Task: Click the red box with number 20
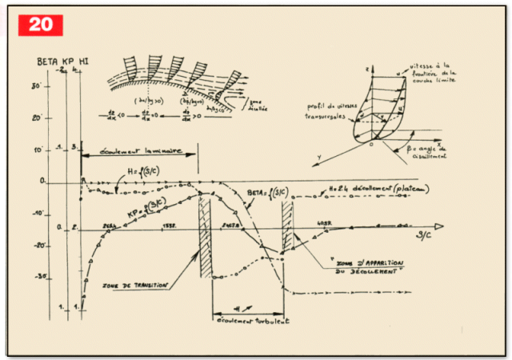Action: tap(40, 24)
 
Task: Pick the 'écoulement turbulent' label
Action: tap(249, 319)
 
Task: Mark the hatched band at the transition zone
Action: tap(206, 236)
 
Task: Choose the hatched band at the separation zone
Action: tap(288, 232)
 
